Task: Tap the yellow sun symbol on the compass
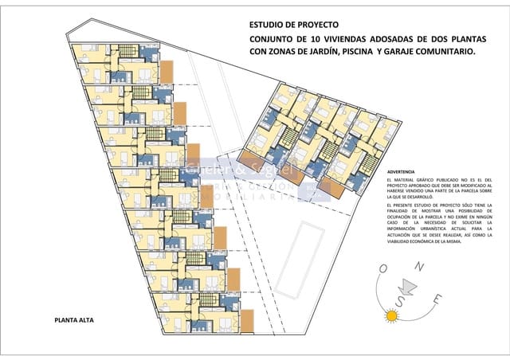click(x=391, y=316)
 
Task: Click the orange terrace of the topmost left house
click(x=167, y=72)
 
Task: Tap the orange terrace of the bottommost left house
click(x=246, y=320)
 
